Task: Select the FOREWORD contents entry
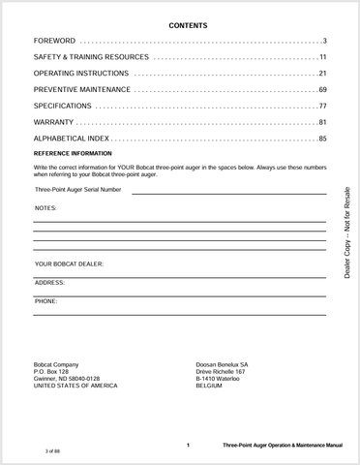coord(54,41)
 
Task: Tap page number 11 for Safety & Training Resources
coord(322,57)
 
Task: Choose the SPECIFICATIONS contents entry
coord(63,106)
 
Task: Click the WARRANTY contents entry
coord(53,122)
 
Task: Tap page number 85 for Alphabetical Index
coord(322,139)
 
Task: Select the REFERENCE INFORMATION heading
coord(73,153)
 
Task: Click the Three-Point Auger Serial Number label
coord(79,190)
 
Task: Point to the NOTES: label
coord(45,208)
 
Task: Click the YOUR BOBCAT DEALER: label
coord(69,263)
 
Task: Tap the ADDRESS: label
coord(50,282)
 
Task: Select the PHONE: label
coord(46,301)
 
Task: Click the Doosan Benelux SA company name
coord(222,364)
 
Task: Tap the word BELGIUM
coord(209,385)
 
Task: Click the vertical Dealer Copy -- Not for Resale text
coord(347,232)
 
